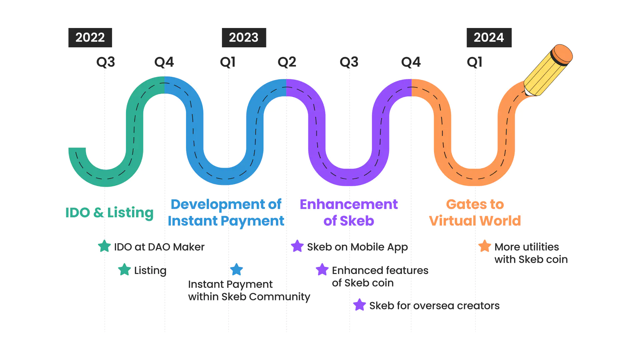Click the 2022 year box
pyautogui.click(x=90, y=38)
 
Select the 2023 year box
pyautogui.click(x=244, y=38)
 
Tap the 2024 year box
pyautogui.click(x=489, y=38)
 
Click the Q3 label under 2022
pyautogui.click(x=106, y=62)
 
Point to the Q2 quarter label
pyautogui.click(x=287, y=62)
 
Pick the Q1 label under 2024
pyautogui.click(x=475, y=62)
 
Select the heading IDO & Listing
pyautogui.click(x=109, y=213)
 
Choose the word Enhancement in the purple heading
pyautogui.click(x=349, y=204)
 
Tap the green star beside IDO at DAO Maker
pyautogui.click(x=104, y=246)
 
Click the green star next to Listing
pyautogui.click(x=124, y=269)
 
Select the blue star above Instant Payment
pyautogui.click(x=236, y=269)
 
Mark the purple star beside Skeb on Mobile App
pyautogui.click(x=297, y=246)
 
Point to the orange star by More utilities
pyautogui.click(x=485, y=246)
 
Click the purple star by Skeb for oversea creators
pyautogui.click(x=359, y=305)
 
